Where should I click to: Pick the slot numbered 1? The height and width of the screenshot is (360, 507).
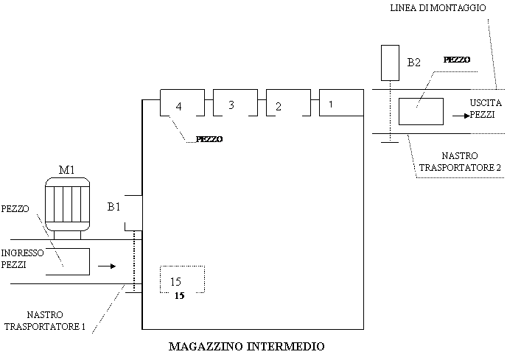[x=341, y=104]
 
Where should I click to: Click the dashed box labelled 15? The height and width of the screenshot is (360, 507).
[x=182, y=280]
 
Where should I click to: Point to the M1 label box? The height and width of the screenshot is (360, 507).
[x=71, y=169]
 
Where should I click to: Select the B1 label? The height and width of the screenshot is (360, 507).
[x=114, y=208]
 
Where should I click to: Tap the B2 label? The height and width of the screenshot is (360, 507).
[x=415, y=63]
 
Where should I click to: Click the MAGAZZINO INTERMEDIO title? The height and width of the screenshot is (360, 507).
[x=252, y=346]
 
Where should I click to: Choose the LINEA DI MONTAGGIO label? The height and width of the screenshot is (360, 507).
[x=438, y=8]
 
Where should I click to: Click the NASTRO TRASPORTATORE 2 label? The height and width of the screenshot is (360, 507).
[x=461, y=163]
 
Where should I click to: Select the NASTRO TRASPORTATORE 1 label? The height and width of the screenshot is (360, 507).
[x=46, y=321]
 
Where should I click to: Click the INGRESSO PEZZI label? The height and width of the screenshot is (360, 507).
[x=23, y=258]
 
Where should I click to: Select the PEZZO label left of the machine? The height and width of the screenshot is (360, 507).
[x=15, y=209]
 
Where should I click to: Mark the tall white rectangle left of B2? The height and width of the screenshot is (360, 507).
[x=390, y=63]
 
